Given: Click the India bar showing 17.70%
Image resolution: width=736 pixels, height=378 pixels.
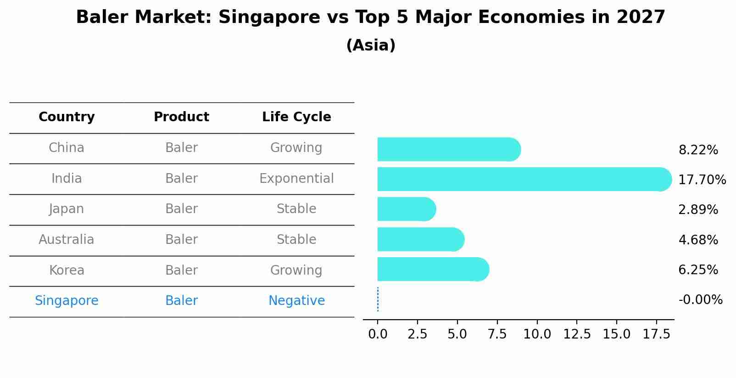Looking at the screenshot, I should click(523, 179).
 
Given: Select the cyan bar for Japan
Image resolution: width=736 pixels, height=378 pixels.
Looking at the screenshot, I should click(406, 209).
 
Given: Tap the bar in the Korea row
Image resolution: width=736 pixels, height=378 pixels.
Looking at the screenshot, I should click(433, 269).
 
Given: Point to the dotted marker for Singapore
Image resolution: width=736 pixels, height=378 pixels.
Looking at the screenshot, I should click(378, 299).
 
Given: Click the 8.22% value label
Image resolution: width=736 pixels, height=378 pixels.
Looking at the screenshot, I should click(698, 150).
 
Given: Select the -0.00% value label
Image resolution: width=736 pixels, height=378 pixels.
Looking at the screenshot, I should click(700, 300).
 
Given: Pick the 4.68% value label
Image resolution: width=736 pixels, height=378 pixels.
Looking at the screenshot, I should click(698, 240).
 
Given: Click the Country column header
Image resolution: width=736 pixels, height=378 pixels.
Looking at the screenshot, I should click(67, 117).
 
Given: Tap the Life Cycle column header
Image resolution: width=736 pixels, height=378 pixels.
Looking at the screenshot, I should click(296, 117).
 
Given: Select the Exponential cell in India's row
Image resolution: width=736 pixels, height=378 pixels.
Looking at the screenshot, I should click(296, 179).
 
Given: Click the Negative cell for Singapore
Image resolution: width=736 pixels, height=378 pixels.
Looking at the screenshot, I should click(296, 301).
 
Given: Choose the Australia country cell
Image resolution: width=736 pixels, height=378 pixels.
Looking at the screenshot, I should click(67, 240).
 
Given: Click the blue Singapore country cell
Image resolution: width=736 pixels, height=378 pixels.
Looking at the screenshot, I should click(67, 301).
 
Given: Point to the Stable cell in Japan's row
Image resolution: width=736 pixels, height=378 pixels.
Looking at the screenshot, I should click(296, 209).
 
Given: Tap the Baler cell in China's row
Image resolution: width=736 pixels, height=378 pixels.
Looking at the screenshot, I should click(181, 148).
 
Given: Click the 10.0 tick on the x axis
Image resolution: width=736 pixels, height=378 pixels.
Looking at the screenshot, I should click(537, 334).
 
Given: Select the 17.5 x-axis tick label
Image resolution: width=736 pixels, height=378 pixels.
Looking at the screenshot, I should click(657, 334).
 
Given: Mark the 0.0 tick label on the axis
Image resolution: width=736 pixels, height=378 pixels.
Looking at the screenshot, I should click(378, 334).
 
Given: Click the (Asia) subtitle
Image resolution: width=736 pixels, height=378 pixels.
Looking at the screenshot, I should click(371, 45).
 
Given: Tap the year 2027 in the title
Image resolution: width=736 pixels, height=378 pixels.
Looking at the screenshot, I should click(641, 17).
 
